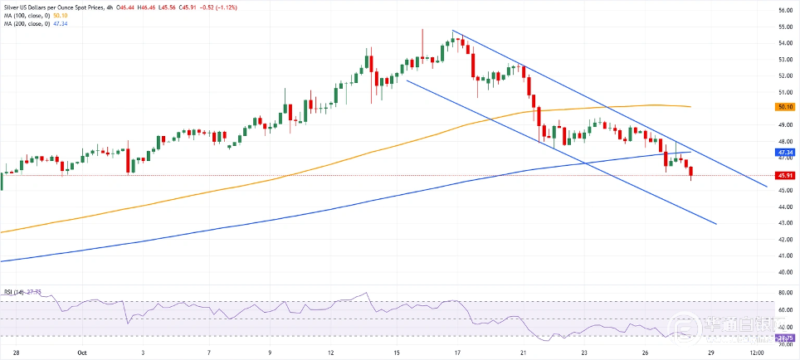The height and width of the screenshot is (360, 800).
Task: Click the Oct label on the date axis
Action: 81,352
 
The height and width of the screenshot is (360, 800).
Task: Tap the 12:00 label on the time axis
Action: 756,352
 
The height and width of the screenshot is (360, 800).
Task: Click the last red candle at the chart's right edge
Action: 692,172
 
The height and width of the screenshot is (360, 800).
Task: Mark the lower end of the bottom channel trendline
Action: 715,224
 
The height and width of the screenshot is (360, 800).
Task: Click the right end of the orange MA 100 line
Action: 691,107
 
